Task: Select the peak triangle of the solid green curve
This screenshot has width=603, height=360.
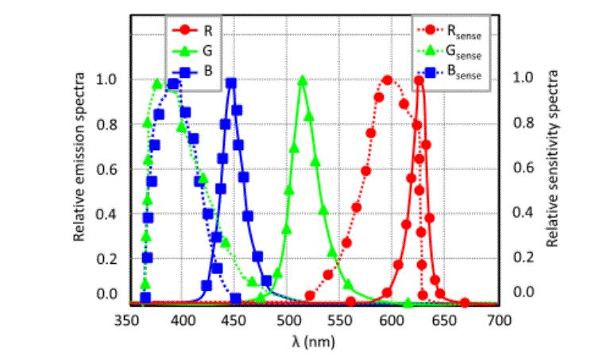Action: [302, 81]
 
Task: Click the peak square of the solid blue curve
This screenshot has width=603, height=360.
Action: [231, 83]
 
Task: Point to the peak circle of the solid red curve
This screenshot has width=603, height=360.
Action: [419, 81]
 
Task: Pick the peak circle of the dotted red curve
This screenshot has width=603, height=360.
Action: [388, 80]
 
